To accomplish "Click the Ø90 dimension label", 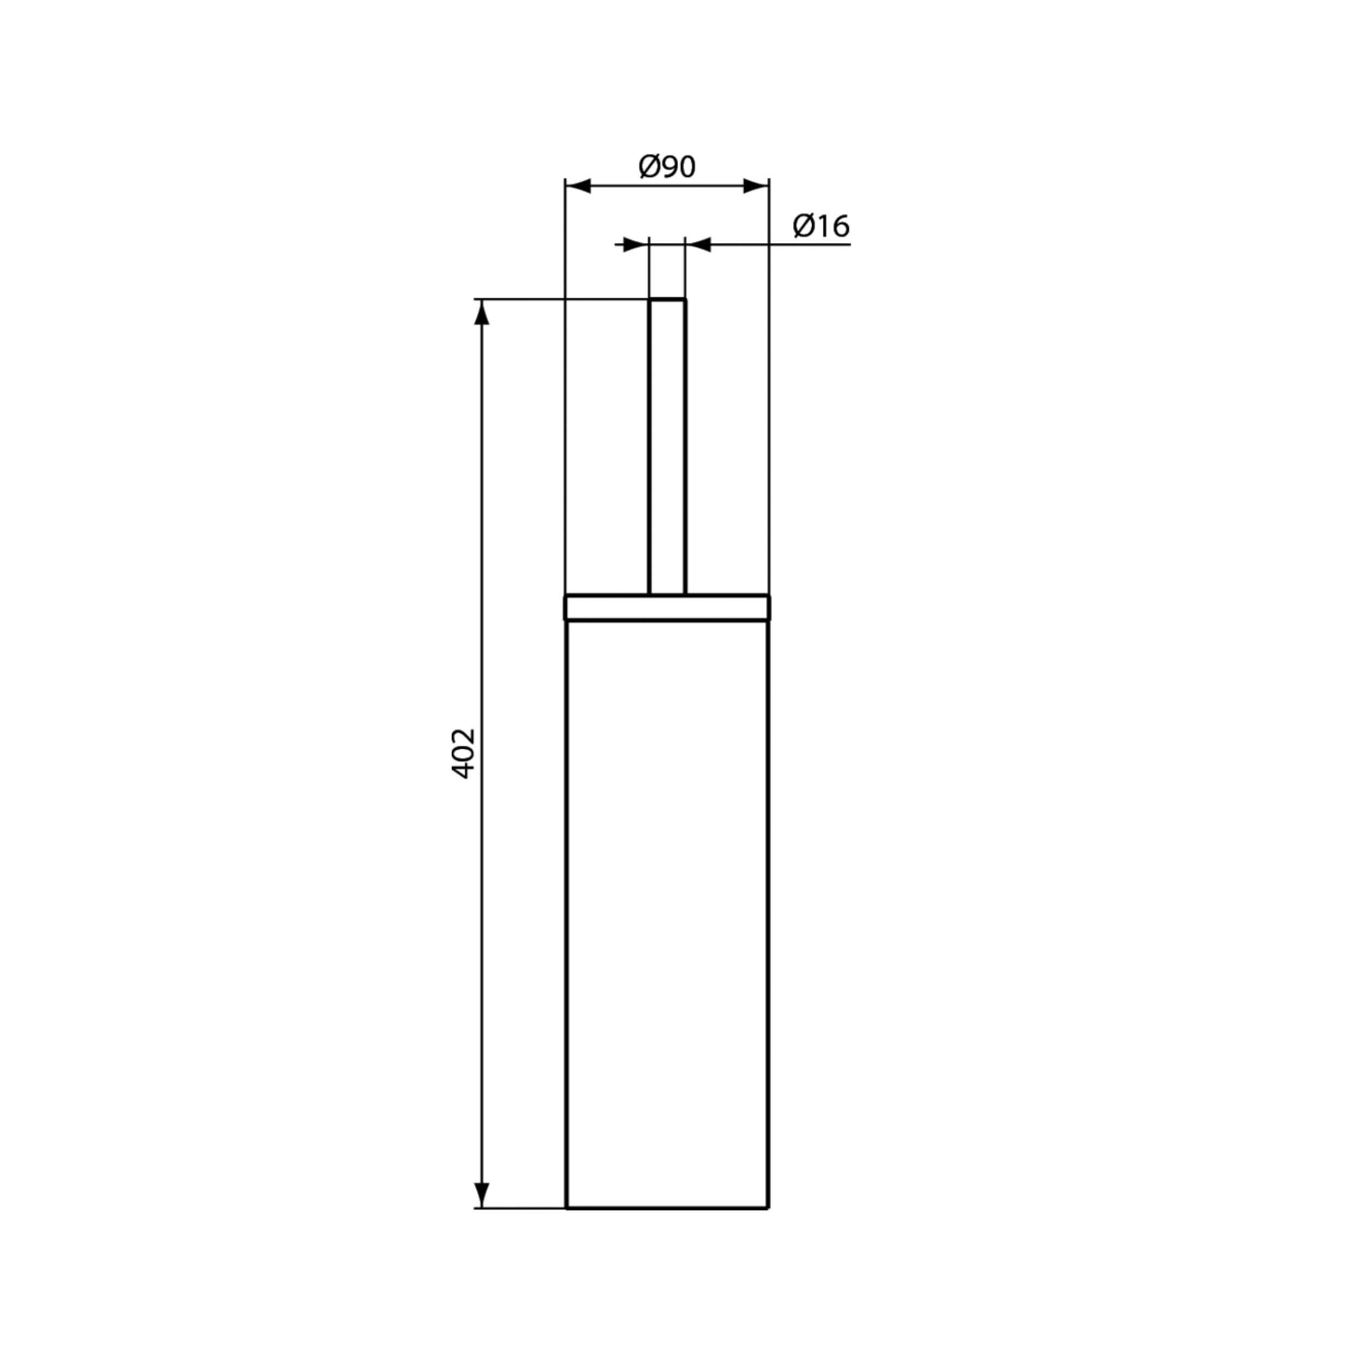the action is (667, 166).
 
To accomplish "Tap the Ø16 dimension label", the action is (821, 226).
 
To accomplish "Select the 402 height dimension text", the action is (463, 754).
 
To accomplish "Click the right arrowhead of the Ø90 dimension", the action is (756, 187).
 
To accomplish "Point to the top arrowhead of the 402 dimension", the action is (482, 313).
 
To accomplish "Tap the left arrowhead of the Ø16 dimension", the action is (636, 245).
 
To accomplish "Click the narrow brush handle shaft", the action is (667, 447).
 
